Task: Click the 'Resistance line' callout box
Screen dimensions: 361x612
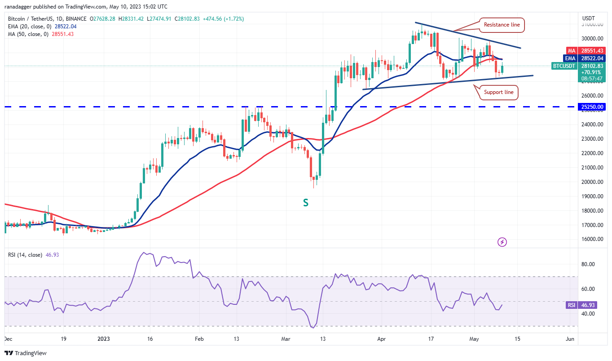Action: tap(502, 25)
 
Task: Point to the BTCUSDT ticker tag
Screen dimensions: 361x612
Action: tap(564, 66)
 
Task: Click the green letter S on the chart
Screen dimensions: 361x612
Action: tap(305, 203)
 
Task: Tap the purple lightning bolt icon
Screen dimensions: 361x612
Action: tap(502, 242)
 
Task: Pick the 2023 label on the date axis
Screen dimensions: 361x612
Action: tap(103, 339)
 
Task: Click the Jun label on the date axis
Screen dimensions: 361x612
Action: tap(570, 339)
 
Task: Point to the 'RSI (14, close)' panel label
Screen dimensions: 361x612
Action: tap(25, 255)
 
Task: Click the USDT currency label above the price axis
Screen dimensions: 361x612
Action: tap(588, 18)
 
